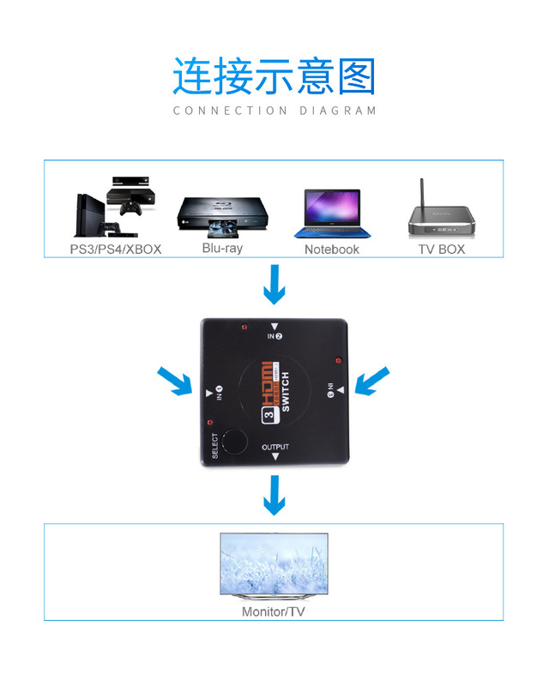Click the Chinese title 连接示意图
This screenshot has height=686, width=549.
coord(274,76)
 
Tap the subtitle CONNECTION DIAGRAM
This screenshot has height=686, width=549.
coord(274,111)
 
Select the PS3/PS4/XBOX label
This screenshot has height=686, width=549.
coord(115,250)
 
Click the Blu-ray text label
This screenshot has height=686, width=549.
coord(222,248)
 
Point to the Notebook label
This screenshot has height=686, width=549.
coord(332,250)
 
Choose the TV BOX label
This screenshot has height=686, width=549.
coord(440,249)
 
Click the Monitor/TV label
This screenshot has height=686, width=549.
coord(273,612)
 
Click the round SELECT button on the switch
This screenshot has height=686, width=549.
coord(233,441)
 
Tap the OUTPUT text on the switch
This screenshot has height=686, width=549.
coord(275,448)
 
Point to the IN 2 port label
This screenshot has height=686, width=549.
coord(274,337)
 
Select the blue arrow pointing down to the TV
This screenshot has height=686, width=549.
coord(274,496)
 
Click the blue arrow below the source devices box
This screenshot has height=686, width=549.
coord(274,285)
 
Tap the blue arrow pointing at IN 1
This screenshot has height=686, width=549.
coord(174,381)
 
